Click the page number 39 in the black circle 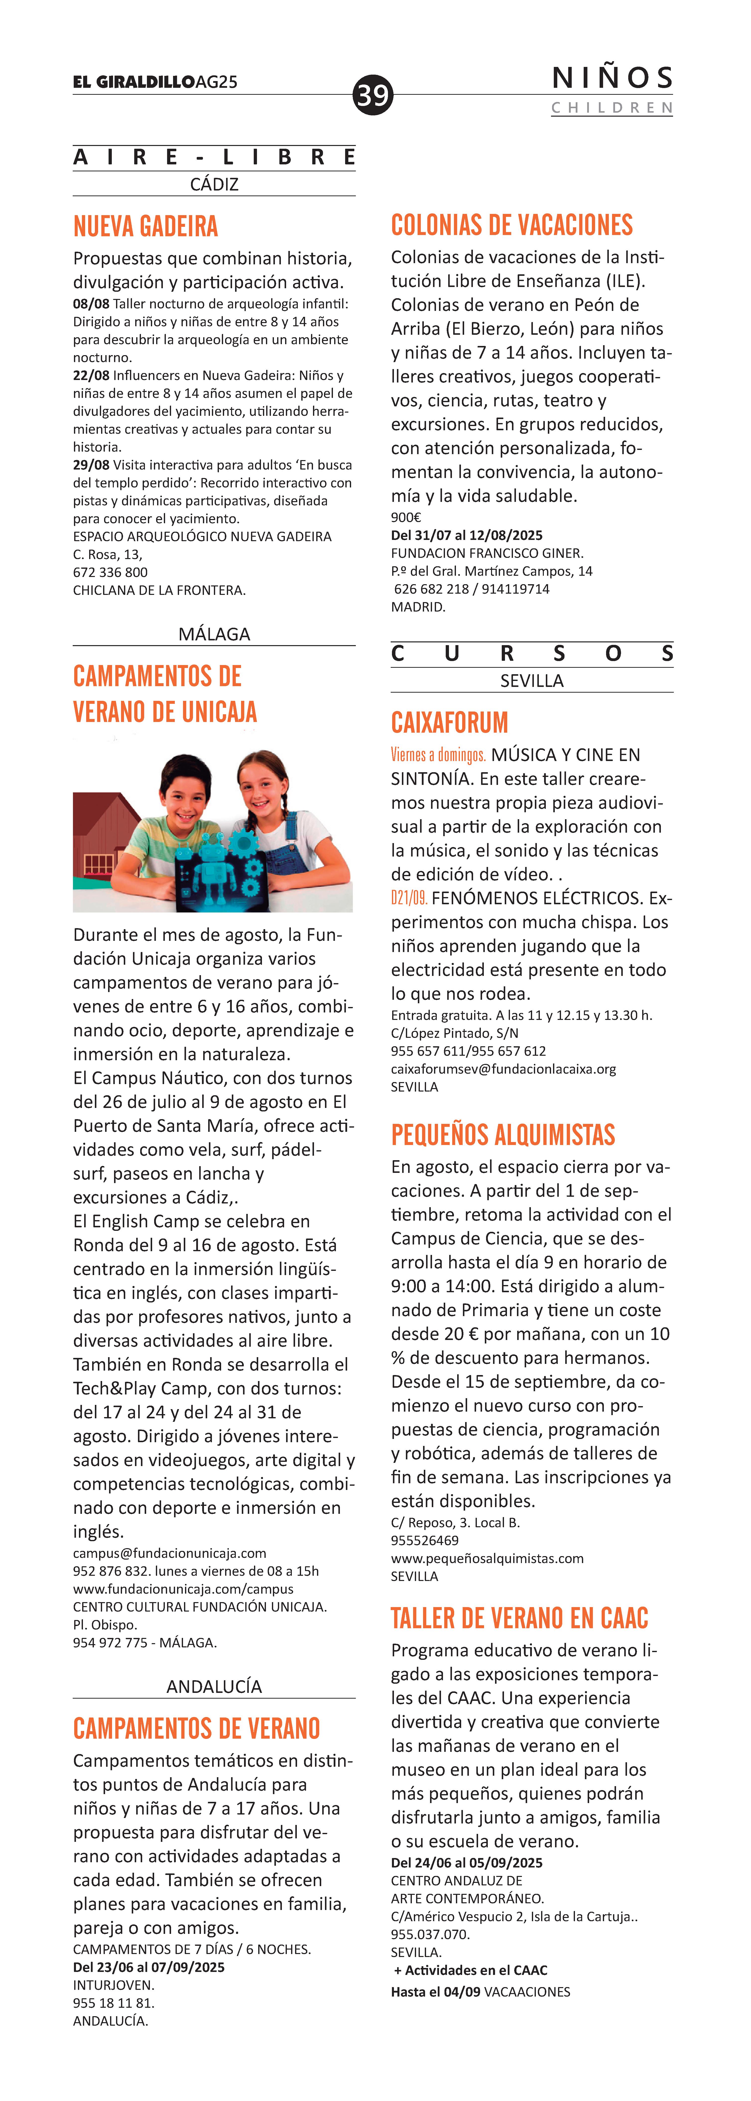(373, 95)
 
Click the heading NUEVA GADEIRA (145, 226)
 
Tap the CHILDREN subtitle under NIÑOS (611, 108)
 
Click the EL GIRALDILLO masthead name (134, 82)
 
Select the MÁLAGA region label (214, 634)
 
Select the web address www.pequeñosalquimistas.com (487, 1558)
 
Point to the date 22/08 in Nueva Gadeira (91, 375)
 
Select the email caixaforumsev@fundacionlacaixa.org (503, 1068)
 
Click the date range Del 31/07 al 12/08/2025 (466, 535)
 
